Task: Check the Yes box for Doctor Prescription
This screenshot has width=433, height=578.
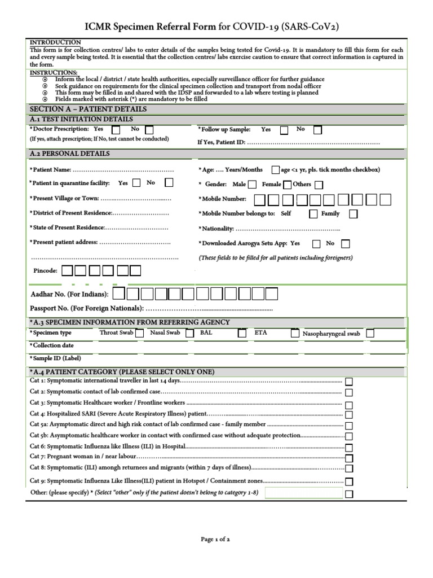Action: coord(116,130)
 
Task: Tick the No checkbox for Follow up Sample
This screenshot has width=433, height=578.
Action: coord(318,130)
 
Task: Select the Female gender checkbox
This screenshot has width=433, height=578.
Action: coord(288,185)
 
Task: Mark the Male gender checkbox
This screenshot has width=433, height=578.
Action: coord(252,185)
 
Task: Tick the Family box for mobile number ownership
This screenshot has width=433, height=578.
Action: coord(353,214)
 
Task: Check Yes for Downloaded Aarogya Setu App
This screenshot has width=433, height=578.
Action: coord(316,244)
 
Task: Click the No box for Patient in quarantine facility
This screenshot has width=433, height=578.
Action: coord(169,183)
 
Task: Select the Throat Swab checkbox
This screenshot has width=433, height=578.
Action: coord(140,334)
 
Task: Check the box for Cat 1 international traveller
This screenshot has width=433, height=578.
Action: coord(350,382)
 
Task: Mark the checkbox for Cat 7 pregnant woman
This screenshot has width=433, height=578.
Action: coord(350,458)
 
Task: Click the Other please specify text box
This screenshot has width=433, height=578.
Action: coord(303,494)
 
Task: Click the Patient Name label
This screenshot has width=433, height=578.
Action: coord(51,170)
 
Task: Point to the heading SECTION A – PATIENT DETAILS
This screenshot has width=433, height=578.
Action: coord(88,109)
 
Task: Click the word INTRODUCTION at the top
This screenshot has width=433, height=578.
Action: coord(55,43)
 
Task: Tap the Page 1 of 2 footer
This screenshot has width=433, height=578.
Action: coord(215,539)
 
